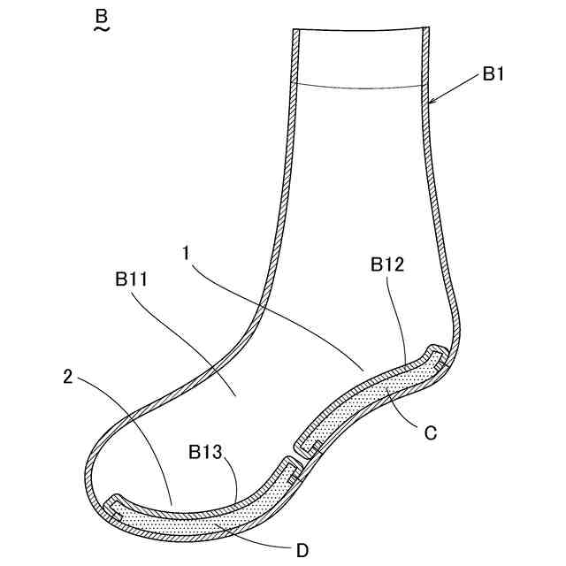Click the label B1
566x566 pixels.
tap(493, 75)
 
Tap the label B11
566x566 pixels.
tap(130, 280)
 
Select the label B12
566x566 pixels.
tap(388, 264)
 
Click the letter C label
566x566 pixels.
tap(431, 433)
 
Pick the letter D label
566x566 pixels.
tap(302, 550)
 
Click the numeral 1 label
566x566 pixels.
tap(187, 253)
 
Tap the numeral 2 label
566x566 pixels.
tap(69, 376)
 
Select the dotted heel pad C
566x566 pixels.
tap(371, 398)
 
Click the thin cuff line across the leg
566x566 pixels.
tap(358, 87)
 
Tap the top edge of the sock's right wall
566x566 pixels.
tap(424, 28)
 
